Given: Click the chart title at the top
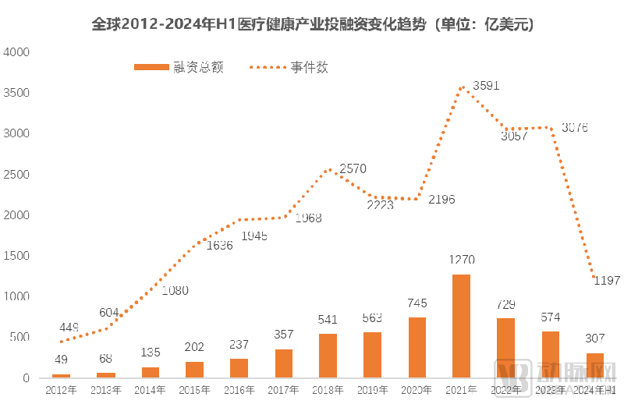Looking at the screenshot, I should pyautogui.click(x=312, y=24).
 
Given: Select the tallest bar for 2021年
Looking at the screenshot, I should pyautogui.click(x=461, y=326).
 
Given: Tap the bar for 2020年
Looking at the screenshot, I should pyautogui.click(x=417, y=348).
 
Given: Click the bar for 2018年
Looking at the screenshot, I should pyautogui.click(x=328, y=356).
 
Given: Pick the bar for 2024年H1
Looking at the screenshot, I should pyautogui.click(x=594, y=365).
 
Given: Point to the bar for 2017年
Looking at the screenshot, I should pyautogui.click(x=283, y=363).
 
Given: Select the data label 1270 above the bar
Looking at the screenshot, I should pyautogui.click(x=461, y=260).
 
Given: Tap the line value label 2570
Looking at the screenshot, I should pyautogui.click(x=353, y=168).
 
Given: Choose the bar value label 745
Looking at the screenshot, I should pyautogui.click(x=417, y=303).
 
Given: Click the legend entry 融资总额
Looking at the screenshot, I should pyautogui.click(x=179, y=68).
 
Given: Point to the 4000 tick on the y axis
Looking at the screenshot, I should pyautogui.click(x=16, y=52).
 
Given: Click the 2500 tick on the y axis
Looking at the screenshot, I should pyautogui.click(x=16, y=175).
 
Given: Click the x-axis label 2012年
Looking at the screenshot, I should pyautogui.click(x=61, y=389).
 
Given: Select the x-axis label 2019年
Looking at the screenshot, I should pyautogui.click(x=372, y=389).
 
